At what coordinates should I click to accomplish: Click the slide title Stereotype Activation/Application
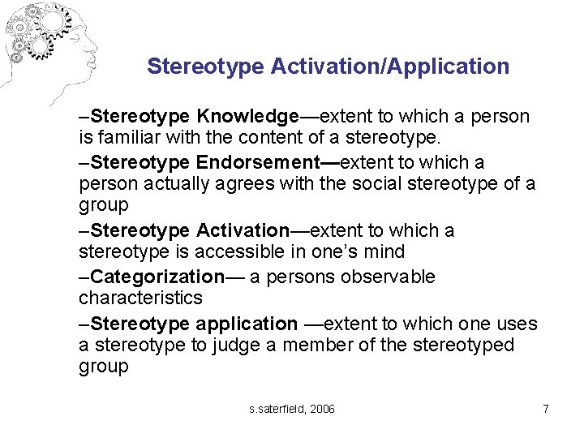[328, 66]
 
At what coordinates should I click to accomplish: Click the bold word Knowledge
[247, 116]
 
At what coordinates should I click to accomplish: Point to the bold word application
[247, 324]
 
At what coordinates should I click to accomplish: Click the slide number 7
[545, 409]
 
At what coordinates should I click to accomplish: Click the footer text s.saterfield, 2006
[292, 409]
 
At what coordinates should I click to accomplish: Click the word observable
[388, 277]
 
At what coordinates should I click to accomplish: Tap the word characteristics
[140, 298]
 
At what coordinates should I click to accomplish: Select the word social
[354, 183]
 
